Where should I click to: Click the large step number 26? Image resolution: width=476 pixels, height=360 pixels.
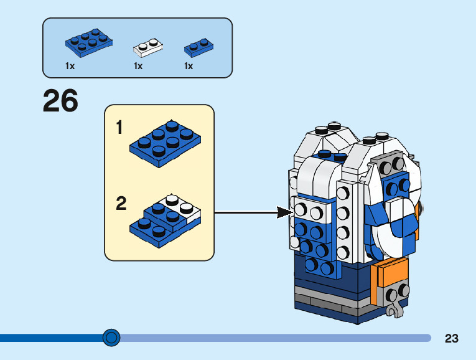click(x=60, y=101)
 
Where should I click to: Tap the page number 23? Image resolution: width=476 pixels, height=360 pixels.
click(x=452, y=338)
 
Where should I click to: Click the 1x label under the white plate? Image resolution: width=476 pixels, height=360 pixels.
click(x=138, y=66)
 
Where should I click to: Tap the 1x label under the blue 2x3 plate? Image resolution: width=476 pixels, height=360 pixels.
click(x=70, y=66)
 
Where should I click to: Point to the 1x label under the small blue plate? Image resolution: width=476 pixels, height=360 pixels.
click(x=189, y=66)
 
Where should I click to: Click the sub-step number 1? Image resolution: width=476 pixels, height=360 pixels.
click(x=119, y=128)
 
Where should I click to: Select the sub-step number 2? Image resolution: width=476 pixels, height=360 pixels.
click(x=121, y=204)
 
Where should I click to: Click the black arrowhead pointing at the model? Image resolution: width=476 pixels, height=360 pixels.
click(x=285, y=213)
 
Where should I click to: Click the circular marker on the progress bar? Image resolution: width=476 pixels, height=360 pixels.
click(x=111, y=338)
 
